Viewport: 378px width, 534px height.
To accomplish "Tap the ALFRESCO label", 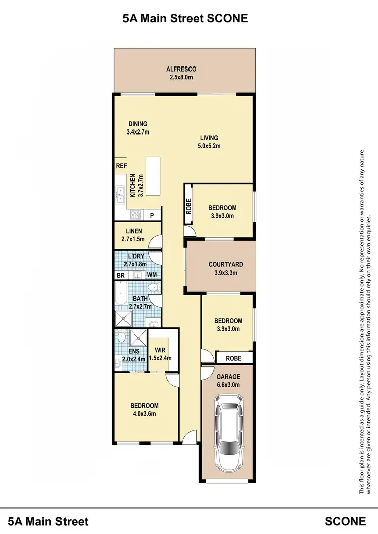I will pyautogui.click(x=181, y=69).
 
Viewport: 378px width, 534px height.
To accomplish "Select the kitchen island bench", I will pyautogui.click(x=153, y=176).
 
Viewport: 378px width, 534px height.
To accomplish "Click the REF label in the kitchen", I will pyautogui.click(x=121, y=166).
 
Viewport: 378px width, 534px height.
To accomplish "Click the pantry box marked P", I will pyautogui.click(x=152, y=215).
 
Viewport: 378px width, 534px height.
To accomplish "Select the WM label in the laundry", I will pyautogui.click(x=152, y=275).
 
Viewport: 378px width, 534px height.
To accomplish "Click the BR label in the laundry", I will pyautogui.click(x=121, y=275).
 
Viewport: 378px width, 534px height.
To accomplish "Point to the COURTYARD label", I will pyautogui.click(x=222, y=264).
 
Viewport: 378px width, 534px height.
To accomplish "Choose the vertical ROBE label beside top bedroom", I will pyautogui.click(x=189, y=207).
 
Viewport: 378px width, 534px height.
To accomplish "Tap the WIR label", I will pyautogui.click(x=161, y=350).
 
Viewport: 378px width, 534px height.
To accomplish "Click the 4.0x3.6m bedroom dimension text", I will pyautogui.click(x=144, y=414).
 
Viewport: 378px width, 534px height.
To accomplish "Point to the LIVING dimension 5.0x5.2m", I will pyautogui.click(x=209, y=146).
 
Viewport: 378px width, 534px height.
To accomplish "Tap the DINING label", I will pyautogui.click(x=137, y=124).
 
